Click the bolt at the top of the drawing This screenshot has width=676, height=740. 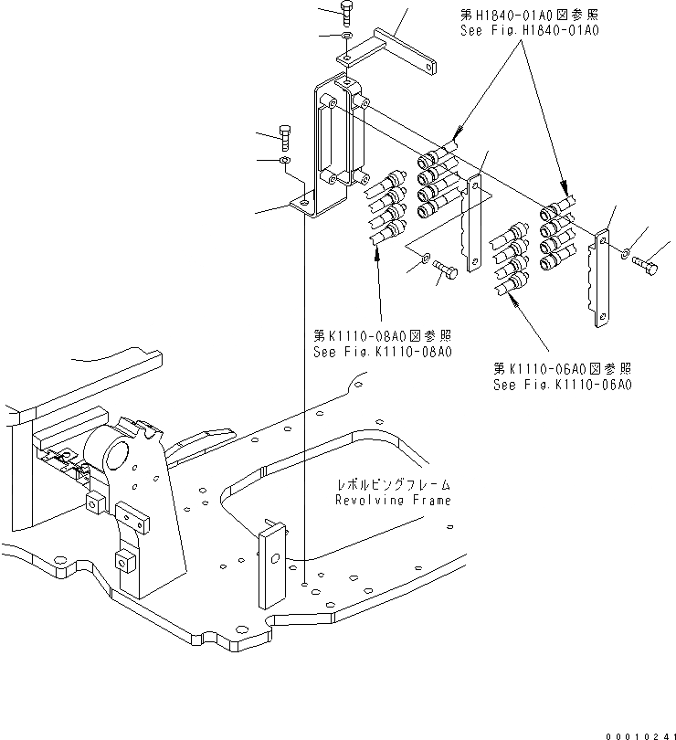click(346, 14)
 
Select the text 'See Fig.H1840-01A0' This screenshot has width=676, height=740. click(529, 30)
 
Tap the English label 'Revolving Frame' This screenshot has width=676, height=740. click(393, 500)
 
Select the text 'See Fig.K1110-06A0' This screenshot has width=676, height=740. click(563, 385)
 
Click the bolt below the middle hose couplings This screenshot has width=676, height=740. click(446, 270)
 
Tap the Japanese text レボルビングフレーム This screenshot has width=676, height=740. click(394, 484)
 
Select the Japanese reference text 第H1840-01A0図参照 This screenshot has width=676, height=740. click(529, 16)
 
